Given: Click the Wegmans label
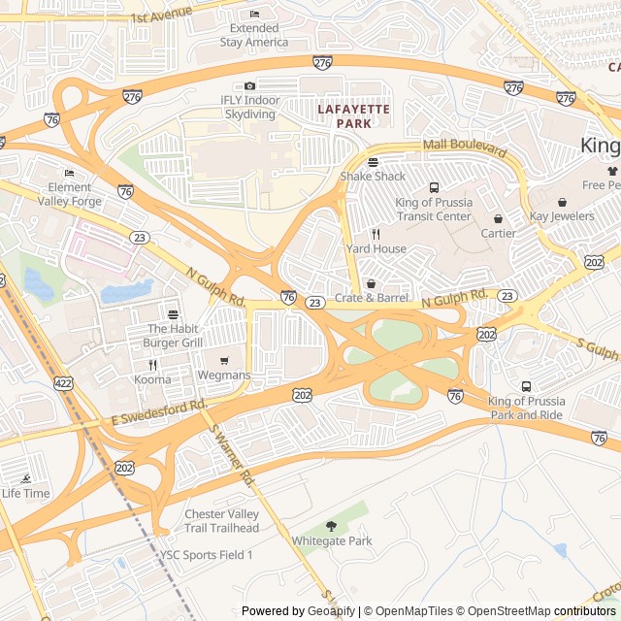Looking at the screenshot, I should click(x=224, y=376).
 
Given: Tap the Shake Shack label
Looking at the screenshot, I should click(x=373, y=177).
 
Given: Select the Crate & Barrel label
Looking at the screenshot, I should click(x=372, y=298).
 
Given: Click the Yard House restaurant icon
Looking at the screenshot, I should click(x=376, y=234).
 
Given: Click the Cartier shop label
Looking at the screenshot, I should click(x=498, y=233).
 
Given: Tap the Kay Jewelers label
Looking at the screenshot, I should click(x=562, y=216).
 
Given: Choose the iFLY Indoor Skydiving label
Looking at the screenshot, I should click(x=249, y=107).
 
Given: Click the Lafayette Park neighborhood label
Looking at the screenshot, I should click(x=353, y=116).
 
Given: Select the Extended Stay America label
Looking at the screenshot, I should click(x=253, y=35).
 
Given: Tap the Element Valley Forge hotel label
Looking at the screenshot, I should click(x=69, y=194).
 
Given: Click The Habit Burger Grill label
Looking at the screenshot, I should click(x=173, y=336).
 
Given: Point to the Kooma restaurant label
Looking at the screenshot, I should click(x=152, y=379).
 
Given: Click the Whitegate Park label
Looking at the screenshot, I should click(x=332, y=540).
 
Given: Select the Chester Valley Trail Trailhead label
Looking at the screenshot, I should click(x=222, y=521).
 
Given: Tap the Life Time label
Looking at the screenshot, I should click(x=25, y=493).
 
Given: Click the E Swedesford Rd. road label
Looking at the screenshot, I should click(x=159, y=412).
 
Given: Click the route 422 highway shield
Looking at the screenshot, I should click(x=64, y=384).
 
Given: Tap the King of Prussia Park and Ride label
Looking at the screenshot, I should click(x=526, y=408).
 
